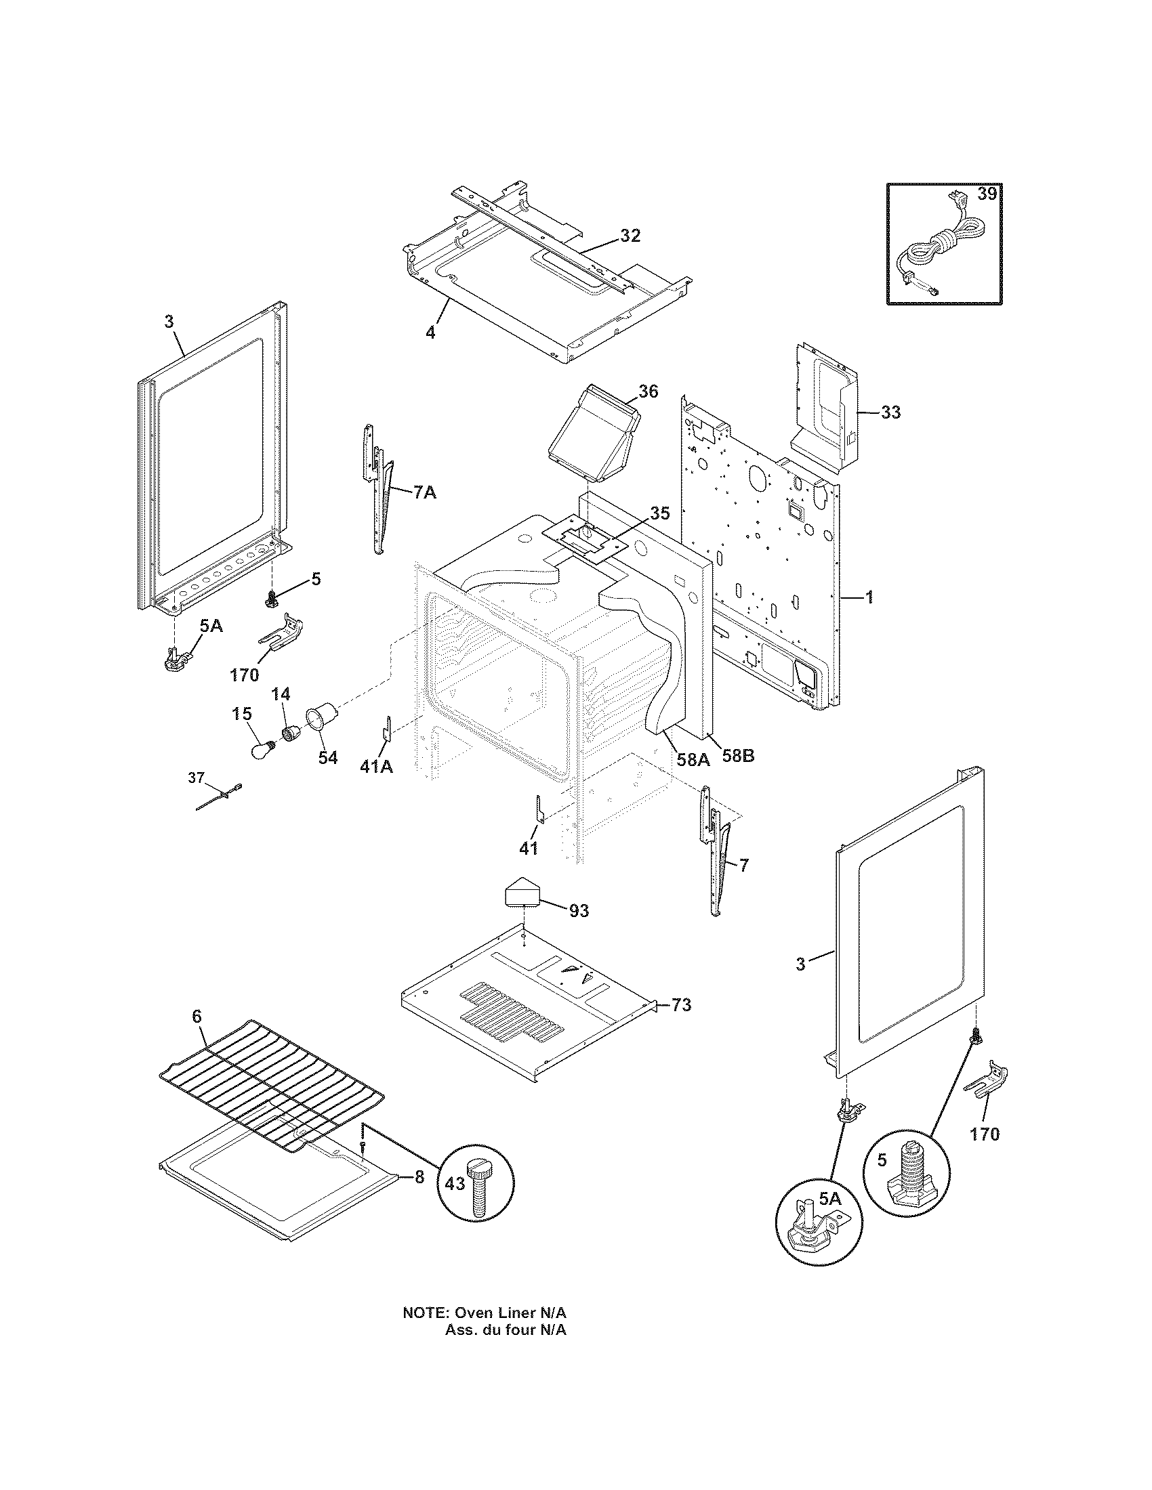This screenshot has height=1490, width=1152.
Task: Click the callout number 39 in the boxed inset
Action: [x=986, y=194]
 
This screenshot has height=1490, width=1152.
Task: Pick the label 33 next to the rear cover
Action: [x=890, y=412]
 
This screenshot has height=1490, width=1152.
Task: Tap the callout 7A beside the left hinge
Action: [x=424, y=492]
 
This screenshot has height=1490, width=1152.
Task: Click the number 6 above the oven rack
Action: [x=197, y=1035]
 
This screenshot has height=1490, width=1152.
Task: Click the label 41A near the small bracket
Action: [x=376, y=767]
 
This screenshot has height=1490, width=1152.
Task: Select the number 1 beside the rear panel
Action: [x=869, y=597]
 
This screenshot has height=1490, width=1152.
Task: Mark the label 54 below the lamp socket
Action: [x=327, y=757]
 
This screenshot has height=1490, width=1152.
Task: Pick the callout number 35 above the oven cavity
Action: [x=659, y=513]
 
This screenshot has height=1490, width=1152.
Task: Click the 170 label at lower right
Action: [x=983, y=1134]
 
